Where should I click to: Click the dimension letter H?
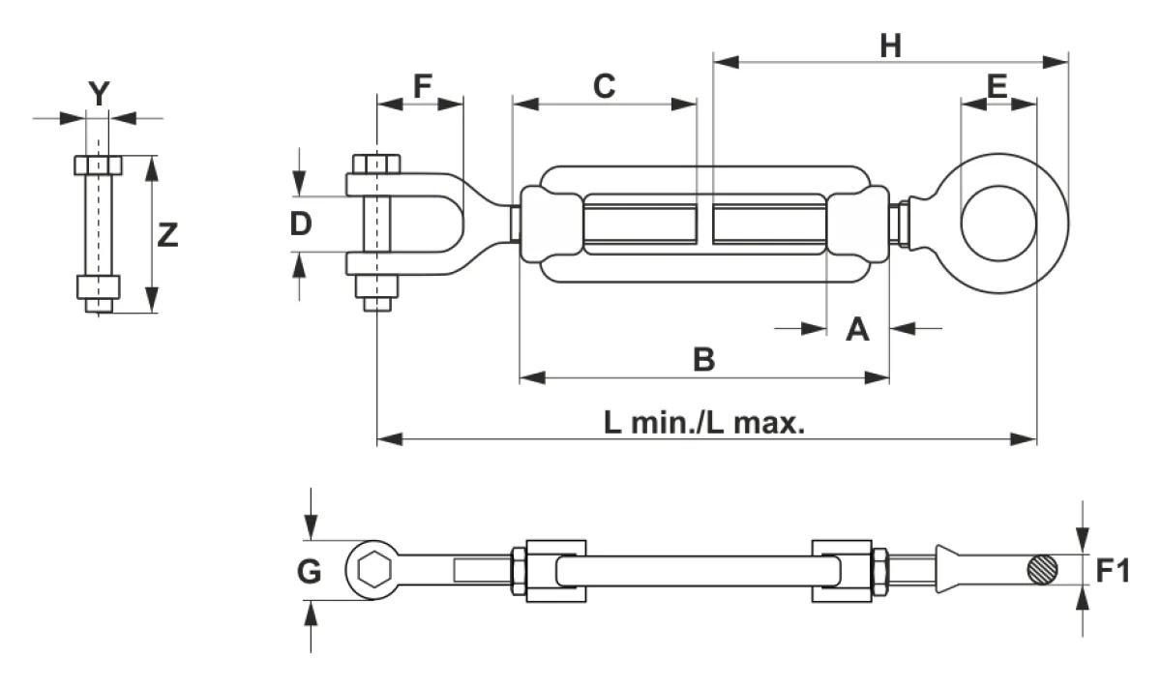point(890,45)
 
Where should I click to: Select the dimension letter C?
point(605,86)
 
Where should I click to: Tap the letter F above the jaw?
point(423,86)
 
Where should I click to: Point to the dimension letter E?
point(997,86)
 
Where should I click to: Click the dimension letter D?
point(301,224)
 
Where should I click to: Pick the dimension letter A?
point(857,329)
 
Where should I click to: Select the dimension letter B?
point(704,359)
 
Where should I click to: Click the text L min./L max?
point(704,423)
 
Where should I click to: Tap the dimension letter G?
point(309,571)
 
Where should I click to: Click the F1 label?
point(1113,571)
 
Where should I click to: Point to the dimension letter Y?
point(99,94)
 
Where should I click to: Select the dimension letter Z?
point(167,235)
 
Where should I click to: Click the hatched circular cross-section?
point(1042,570)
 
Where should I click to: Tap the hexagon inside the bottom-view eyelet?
point(374,570)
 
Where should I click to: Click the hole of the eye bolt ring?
point(998,224)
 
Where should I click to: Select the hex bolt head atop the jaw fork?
point(376,164)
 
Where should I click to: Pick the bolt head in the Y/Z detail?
point(99,165)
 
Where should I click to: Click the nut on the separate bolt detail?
point(99,287)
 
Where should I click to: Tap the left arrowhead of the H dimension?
point(727,62)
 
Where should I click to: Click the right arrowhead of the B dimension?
point(877,378)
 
